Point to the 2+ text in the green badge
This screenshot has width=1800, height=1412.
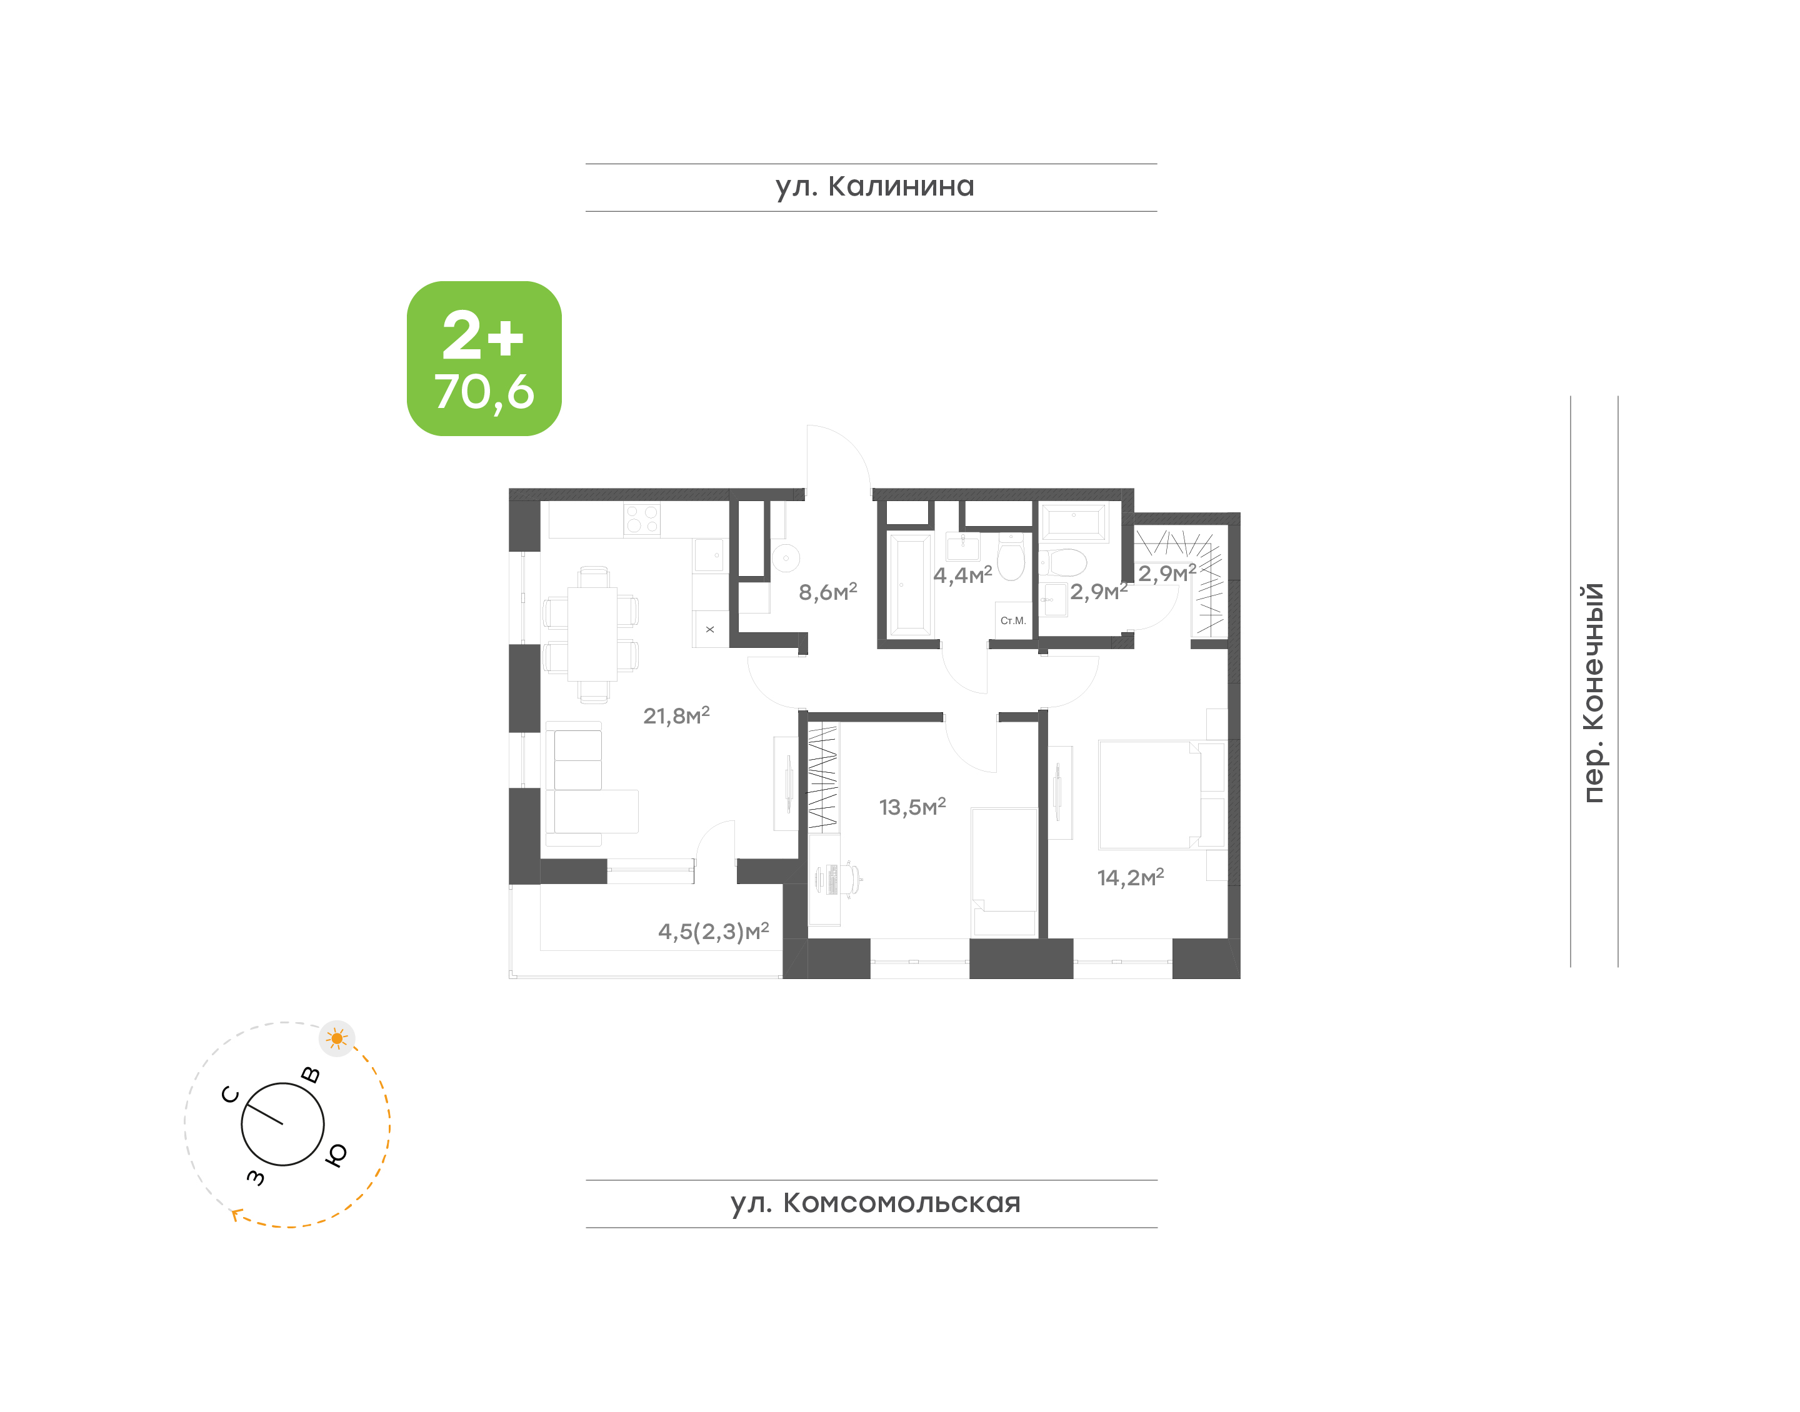[483, 336]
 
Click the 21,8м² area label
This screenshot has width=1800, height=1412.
[676, 715]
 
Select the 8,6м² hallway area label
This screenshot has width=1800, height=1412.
[827, 591]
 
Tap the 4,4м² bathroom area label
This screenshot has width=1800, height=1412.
[962, 575]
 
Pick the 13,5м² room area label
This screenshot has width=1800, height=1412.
[912, 806]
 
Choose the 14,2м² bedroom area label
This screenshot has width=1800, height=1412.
[1130, 877]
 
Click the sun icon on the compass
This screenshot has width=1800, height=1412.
[336, 1038]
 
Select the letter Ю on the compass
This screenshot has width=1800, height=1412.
[336, 1155]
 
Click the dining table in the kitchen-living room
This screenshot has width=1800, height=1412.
[592, 634]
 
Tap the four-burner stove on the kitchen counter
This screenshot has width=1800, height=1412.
[642, 519]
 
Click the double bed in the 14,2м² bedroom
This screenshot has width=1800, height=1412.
[1149, 795]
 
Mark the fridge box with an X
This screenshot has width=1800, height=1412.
[710, 629]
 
